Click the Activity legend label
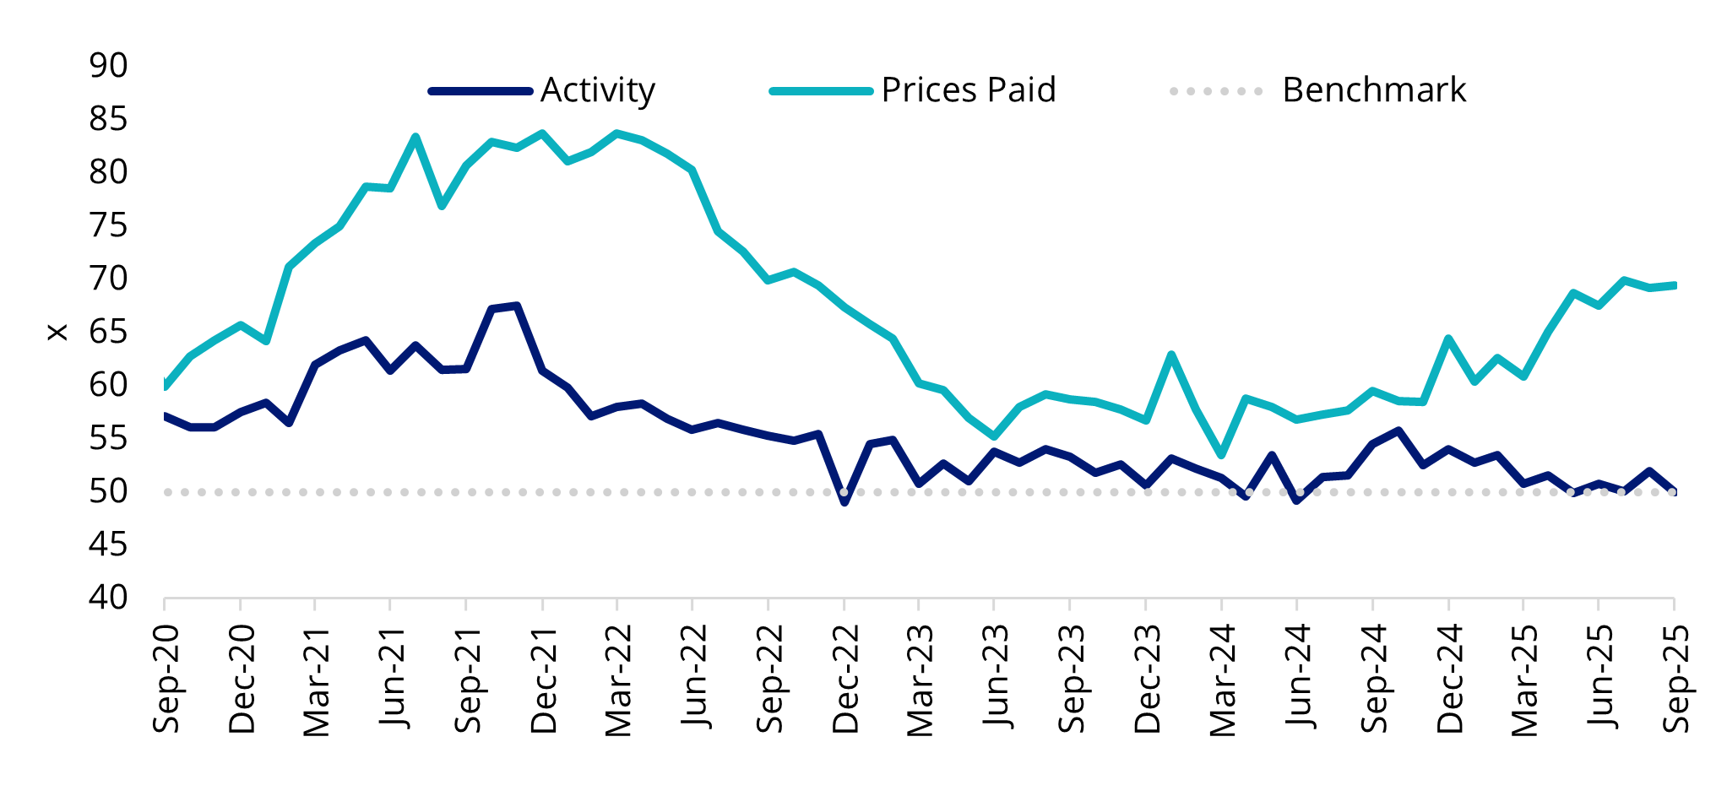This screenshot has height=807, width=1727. (x=597, y=90)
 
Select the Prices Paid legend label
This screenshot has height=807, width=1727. (x=968, y=90)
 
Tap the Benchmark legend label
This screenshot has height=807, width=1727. (x=1373, y=90)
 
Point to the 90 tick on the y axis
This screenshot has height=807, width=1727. (x=108, y=65)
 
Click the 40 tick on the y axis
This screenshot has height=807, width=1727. (x=108, y=598)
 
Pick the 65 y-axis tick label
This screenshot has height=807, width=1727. (x=108, y=332)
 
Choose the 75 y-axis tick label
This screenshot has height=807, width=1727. (x=108, y=225)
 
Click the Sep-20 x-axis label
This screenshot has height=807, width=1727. (x=166, y=679)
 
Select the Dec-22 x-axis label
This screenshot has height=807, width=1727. (x=845, y=679)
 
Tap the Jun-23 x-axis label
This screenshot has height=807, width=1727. (x=996, y=679)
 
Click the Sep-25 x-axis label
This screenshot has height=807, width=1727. (x=1675, y=679)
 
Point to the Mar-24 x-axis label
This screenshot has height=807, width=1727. (x=1222, y=679)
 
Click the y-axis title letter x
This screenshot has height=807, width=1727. (x=57, y=333)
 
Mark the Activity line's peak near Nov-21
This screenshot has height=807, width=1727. (x=516, y=306)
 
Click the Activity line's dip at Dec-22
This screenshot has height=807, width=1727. (x=844, y=502)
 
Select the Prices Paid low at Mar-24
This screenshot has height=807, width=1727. (x=1221, y=455)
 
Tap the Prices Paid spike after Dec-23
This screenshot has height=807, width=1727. (x=1170, y=355)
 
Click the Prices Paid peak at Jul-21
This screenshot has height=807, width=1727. (x=415, y=137)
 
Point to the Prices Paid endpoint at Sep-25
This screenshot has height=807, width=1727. (x=1674, y=285)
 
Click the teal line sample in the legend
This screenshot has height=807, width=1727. (x=820, y=90)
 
